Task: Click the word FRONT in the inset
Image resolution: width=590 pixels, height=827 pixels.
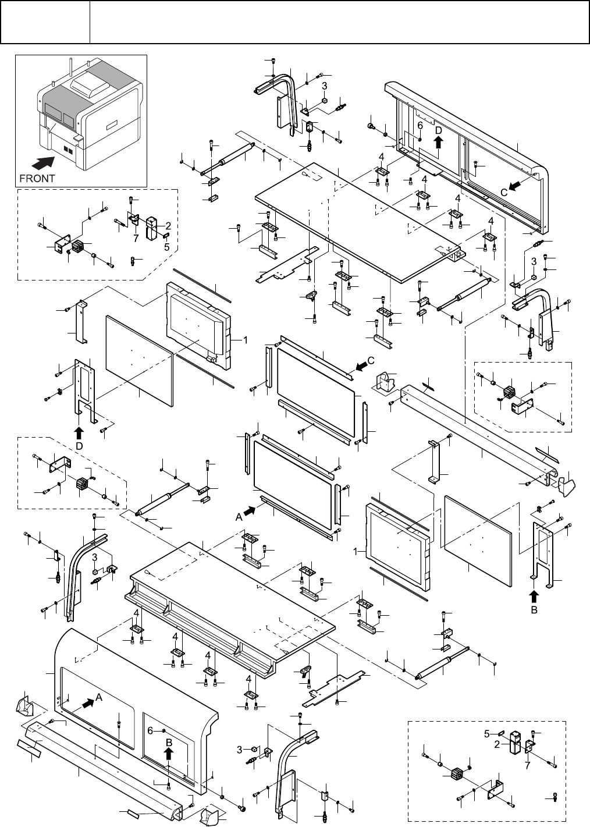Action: click(37, 179)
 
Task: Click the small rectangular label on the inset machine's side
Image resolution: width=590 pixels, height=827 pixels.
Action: click(112, 123)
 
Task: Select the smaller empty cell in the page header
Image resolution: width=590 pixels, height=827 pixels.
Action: click(45, 22)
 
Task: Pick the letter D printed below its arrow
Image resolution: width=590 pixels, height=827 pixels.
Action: click(79, 445)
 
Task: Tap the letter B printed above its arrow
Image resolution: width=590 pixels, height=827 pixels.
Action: click(169, 743)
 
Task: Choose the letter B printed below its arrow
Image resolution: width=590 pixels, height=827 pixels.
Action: click(534, 611)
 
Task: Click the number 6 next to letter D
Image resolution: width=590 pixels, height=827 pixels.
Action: click(420, 126)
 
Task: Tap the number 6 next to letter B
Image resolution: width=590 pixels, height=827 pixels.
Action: click(150, 731)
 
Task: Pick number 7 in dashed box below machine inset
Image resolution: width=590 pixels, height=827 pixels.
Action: click(135, 239)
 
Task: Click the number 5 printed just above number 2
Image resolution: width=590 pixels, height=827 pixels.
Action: click(488, 733)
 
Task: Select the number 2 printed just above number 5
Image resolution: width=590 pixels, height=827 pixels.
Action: click(168, 225)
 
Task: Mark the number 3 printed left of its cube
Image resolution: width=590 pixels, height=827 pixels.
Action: click(239, 750)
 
